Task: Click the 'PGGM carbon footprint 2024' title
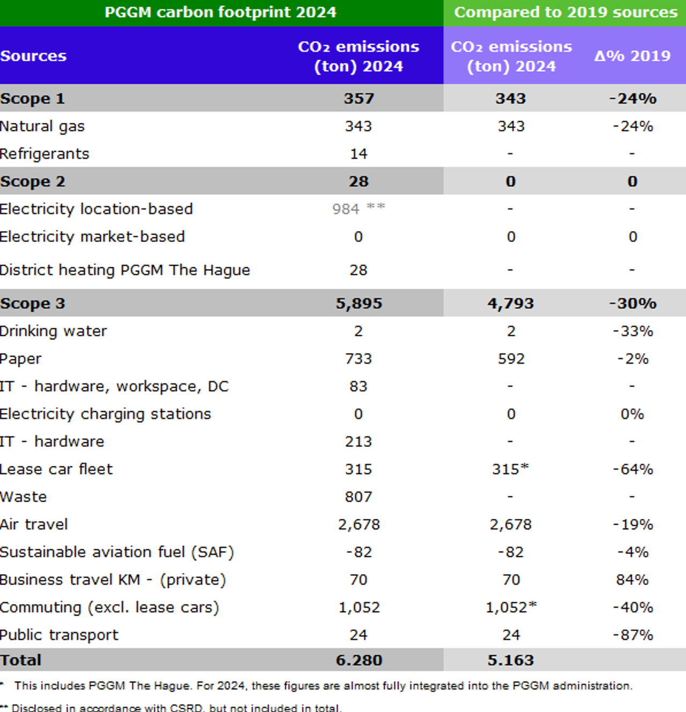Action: point(220,12)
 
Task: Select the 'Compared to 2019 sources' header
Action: point(565,12)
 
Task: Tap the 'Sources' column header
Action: point(33,56)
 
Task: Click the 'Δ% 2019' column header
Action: point(632,56)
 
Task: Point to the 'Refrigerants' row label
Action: point(44,154)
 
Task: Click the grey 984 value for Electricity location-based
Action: point(346,209)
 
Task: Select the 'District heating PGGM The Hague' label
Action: point(125,270)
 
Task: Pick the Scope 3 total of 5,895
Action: point(359,303)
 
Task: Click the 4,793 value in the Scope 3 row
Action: point(510,303)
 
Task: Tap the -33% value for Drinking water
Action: point(633,331)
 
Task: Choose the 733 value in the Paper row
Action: point(358,358)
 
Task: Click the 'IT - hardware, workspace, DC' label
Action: point(114,386)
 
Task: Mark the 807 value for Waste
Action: point(358,497)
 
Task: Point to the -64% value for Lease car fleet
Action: point(633,469)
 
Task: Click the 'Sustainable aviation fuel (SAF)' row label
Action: point(117,552)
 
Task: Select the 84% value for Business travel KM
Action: point(632,579)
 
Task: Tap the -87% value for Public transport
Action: point(633,635)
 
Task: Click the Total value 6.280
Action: point(359,660)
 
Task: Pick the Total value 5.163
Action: point(510,660)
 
